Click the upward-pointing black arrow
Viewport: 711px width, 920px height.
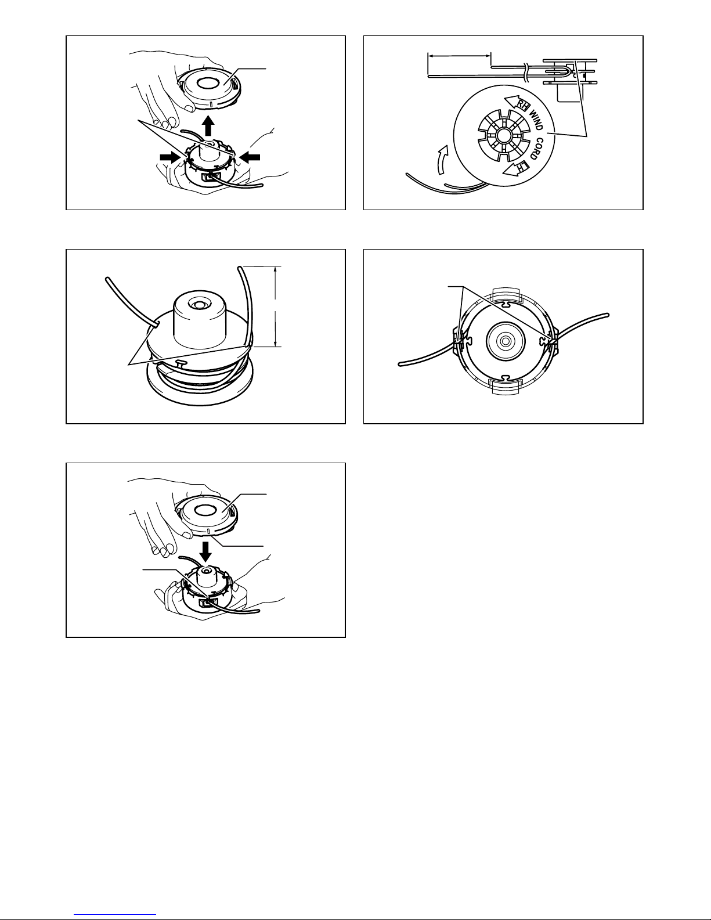(208, 126)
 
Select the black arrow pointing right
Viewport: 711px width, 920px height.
(171, 157)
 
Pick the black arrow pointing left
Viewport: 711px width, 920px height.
(249, 157)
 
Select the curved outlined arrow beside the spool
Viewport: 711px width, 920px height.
(442, 160)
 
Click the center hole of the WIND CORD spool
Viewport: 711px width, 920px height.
(503, 135)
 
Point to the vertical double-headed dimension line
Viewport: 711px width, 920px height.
(276, 306)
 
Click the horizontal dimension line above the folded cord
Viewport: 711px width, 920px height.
(459, 54)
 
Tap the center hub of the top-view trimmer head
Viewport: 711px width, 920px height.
(506, 340)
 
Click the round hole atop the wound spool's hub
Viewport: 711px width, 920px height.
(197, 303)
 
